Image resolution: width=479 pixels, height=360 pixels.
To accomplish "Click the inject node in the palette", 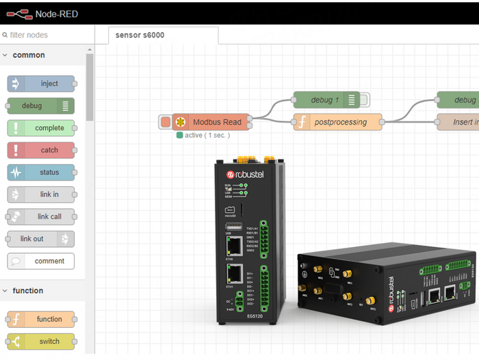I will [41, 83].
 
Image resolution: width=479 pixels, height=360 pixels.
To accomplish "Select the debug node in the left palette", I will [40, 106].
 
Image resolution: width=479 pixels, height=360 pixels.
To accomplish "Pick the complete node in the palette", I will [41, 128].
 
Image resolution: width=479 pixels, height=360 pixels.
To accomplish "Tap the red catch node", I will [41, 150].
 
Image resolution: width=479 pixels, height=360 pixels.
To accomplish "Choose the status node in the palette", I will [41, 172].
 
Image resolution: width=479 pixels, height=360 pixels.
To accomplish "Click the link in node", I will [41, 194].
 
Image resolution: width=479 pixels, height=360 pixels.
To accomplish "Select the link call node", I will [41, 216].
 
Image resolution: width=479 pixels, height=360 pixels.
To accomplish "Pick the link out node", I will [40, 239].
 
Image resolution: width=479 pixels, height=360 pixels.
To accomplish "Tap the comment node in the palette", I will [41, 261].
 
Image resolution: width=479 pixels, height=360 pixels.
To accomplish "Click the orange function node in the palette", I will [41, 319].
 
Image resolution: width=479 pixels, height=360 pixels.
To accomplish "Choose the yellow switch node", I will [41, 342].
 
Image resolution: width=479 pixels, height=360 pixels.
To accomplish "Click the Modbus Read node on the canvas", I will [211, 123].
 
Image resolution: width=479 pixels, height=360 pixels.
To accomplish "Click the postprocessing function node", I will [339, 123].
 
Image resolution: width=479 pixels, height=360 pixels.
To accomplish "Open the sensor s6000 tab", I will [140, 35].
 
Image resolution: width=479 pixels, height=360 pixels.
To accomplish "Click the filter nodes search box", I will [47, 35].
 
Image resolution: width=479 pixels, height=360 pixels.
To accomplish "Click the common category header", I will [29, 55].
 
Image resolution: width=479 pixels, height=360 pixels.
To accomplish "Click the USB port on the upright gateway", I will [233, 227].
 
